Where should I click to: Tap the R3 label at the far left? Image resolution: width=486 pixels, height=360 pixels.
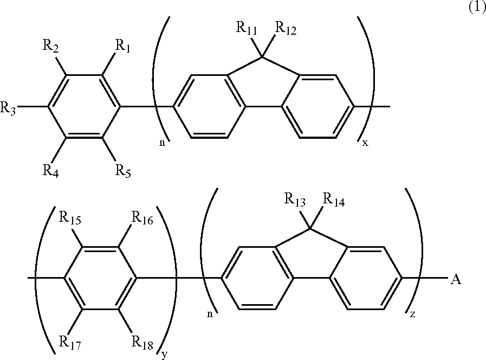9,108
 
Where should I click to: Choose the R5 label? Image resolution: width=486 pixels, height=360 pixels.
123,173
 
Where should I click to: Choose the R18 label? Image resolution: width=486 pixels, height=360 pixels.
142,343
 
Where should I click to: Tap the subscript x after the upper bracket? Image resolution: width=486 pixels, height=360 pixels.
365,143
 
